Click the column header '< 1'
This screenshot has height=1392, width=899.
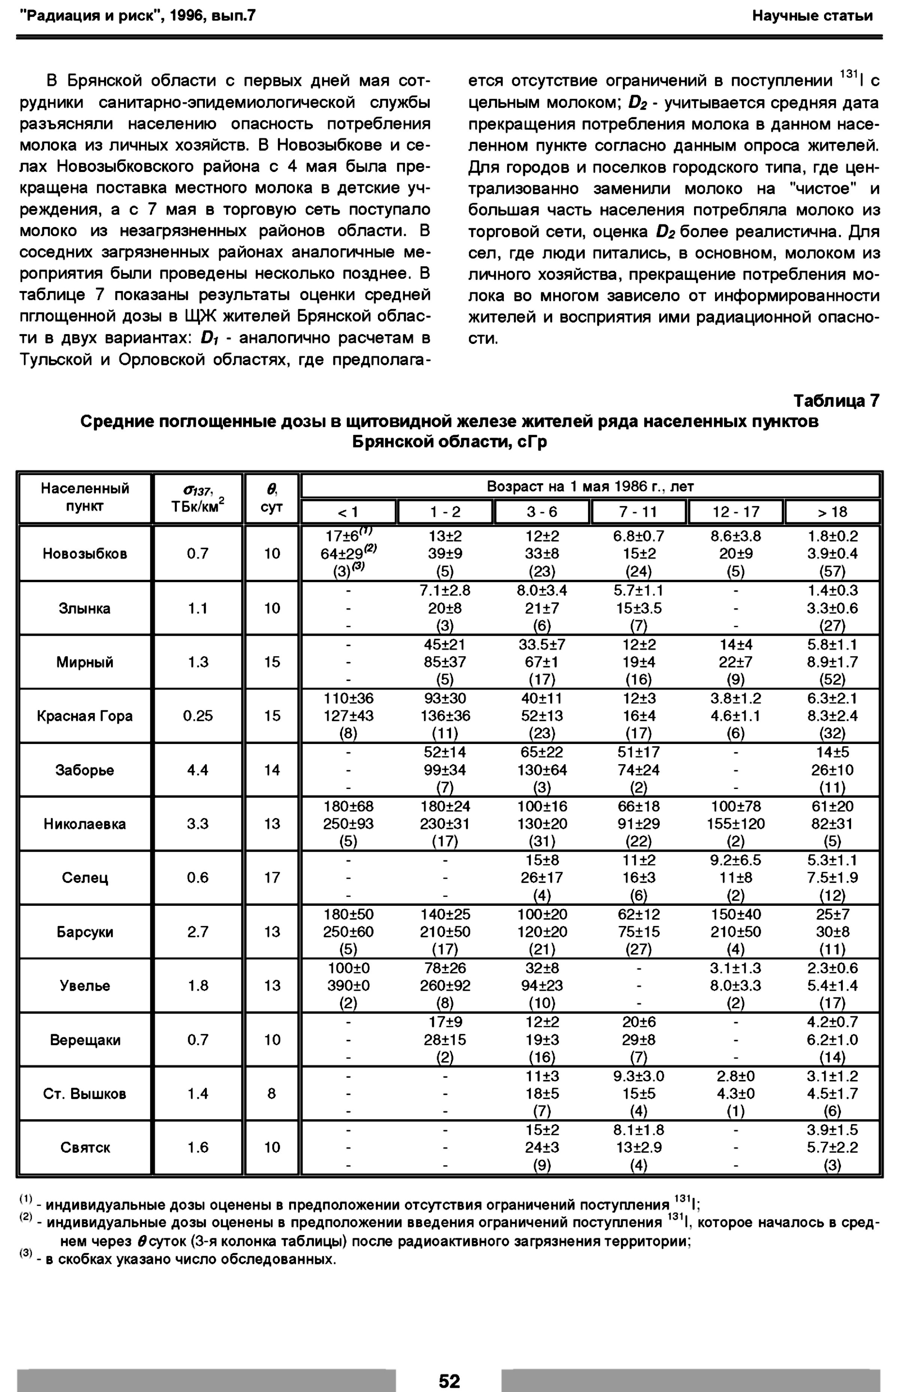pyautogui.click(x=348, y=512)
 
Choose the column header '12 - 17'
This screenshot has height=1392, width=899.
pyautogui.click(x=736, y=512)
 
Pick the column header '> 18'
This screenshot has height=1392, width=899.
pyautogui.click(x=832, y=512)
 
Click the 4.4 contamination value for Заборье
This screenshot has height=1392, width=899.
pyautogui.click(x=197, y=770)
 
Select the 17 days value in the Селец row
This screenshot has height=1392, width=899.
pyautogui.click(x=272, y=878)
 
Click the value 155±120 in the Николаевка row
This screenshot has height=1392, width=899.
pyautogui.click(x=736, y=823)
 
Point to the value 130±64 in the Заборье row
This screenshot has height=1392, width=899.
pyautogui.click(x=542, y=770)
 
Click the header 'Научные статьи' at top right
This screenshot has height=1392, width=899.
pyautogui.click(x=812, y=16)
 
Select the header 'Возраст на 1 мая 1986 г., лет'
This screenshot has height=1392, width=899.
pyautogui.click(x=590, y=486)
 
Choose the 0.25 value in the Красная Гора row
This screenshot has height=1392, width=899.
pyautogui.click(x=197, y=715)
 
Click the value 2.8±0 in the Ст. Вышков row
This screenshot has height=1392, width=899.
pyautogui.click(x=736, y=1076)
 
